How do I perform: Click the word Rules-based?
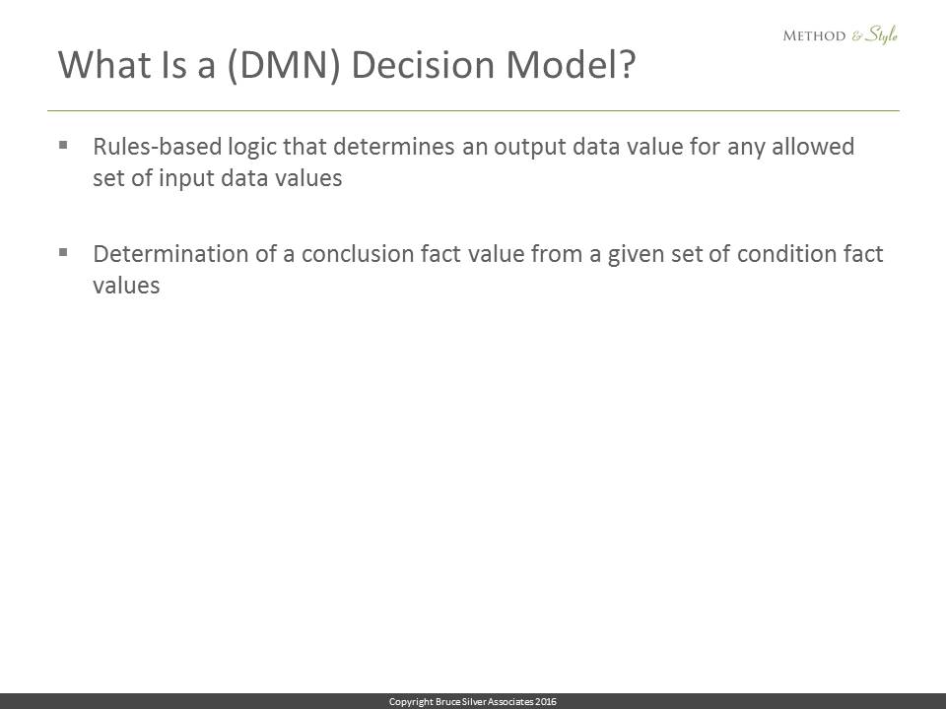coord(157,147)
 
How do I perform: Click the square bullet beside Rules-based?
coord(63,145)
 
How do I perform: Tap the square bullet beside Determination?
coord(63,252)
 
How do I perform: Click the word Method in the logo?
coord(814,35)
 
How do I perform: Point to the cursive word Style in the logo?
coord(882,34)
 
